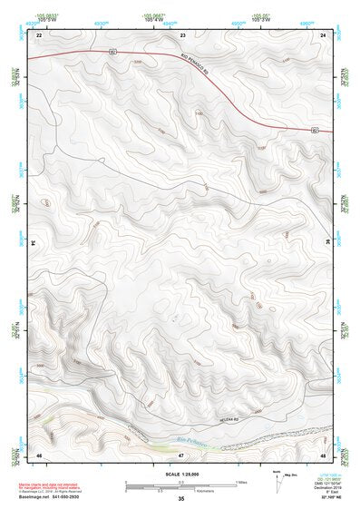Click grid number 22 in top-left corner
(x=39, y=34)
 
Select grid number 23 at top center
(x=182, y=34)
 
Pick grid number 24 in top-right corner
(x=323, y=34)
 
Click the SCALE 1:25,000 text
(x=181, y=475)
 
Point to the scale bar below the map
(x=181, y=486)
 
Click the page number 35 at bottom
(x=181, y=500)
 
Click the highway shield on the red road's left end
(x=112, y=53)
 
